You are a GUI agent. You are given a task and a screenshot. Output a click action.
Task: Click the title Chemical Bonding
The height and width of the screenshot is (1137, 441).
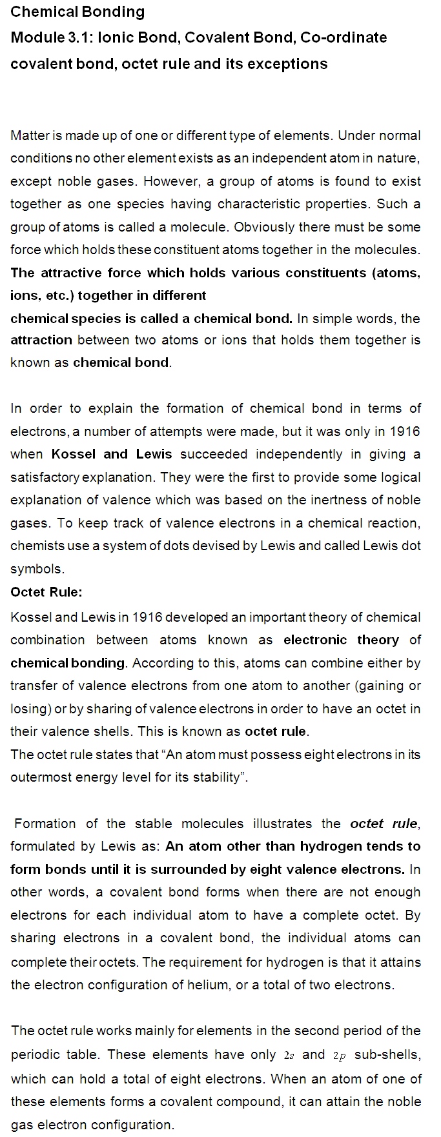(77, 12)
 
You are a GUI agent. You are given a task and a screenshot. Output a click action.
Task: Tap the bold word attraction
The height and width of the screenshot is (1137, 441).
(41, 340)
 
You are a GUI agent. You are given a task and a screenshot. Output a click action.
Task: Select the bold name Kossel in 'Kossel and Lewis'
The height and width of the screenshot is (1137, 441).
(73, 454)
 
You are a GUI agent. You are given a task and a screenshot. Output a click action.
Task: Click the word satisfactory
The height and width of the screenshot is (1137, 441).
(45, 477)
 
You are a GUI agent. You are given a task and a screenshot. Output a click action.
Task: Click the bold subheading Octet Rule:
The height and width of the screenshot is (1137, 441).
(46, 592)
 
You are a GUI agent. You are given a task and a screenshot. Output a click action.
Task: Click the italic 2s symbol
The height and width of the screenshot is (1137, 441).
(289, 1056)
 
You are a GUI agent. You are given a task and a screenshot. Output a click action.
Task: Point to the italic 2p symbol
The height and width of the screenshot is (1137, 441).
(340, 1056)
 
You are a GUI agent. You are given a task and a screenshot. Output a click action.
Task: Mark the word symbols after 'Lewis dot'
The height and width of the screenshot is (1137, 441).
(37, 569)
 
